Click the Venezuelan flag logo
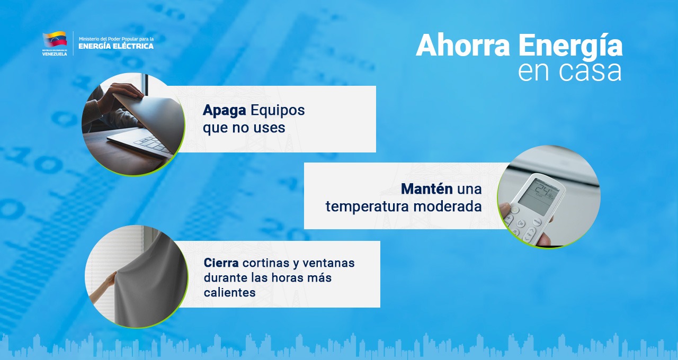(55, 39)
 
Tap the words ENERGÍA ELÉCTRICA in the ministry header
(116, 46)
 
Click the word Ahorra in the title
(463, 46)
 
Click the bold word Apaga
(224, 111)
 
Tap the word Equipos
(278, 111)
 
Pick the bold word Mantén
(427, 189)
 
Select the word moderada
(448, 206)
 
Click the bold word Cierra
(221, 263)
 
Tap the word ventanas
(328, 263)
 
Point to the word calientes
(230, 293)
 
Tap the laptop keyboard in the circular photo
(152, 145)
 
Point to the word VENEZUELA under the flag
(55, 54)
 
